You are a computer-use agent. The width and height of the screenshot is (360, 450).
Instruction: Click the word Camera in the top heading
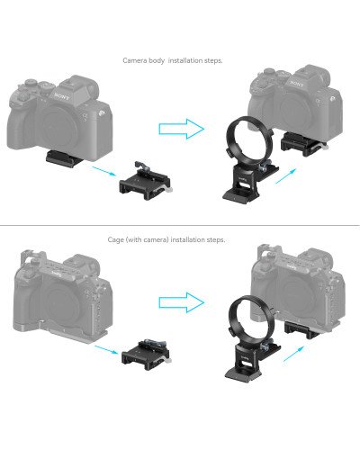pos(134,60)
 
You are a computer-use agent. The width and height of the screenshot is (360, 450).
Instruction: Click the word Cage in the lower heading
pos(115,240)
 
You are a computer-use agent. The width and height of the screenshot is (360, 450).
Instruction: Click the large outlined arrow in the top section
pos(182,129)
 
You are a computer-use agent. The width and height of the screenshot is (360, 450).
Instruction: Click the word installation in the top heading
pos(188,60)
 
